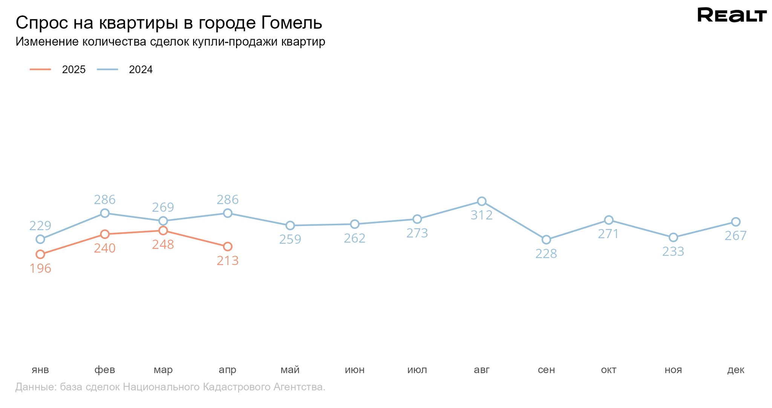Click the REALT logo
coord(732,15)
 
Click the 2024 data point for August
coord(481,201)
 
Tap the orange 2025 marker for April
coord(227,246)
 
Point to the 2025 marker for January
coord(40,254)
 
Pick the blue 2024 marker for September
coord(546,240)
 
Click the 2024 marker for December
coord(735,222)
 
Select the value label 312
coord(482,215)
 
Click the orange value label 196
coord(40,269)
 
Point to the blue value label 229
coord(40,226)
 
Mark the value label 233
coord(673,251)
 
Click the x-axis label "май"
coord(290,370)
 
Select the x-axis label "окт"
coord(608,370)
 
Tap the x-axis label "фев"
coord(104,370)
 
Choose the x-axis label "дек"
coord(735,370)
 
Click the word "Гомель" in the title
coord(291,23)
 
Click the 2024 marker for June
coord(354,224)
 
